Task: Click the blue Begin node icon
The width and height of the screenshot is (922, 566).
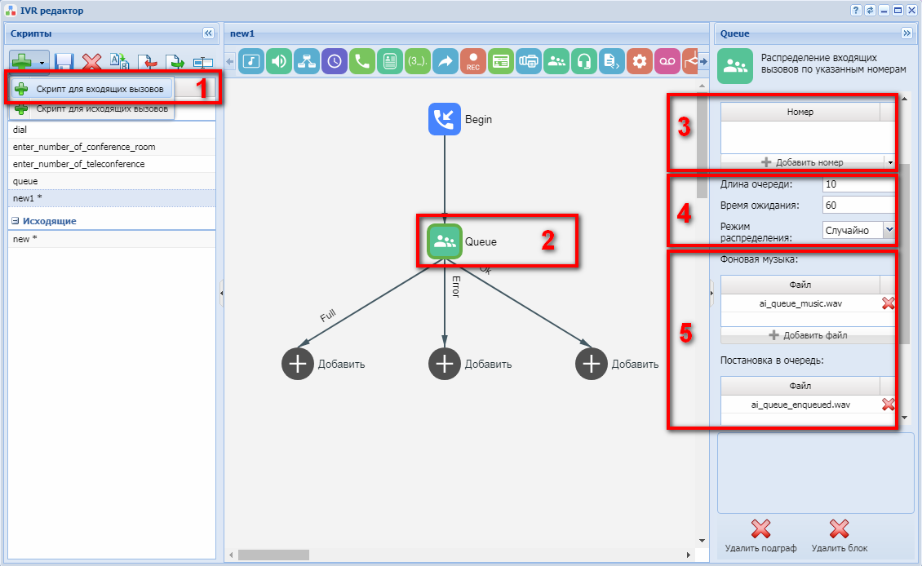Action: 444,119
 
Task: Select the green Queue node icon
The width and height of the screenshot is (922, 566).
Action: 445,241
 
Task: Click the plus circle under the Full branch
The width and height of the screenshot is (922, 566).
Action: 298,364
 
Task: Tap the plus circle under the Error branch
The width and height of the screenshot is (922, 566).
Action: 445,364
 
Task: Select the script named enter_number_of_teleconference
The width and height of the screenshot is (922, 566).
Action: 79,164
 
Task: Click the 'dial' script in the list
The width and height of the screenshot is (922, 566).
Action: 20,130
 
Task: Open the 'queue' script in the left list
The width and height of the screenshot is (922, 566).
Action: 25,181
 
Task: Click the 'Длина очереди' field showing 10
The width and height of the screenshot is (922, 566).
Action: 858,184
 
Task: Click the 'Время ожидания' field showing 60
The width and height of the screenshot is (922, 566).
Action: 858,206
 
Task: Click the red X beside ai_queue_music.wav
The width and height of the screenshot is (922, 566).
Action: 888,303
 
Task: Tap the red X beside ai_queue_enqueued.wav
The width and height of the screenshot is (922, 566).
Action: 888,405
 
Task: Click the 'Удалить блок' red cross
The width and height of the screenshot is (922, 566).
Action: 839,529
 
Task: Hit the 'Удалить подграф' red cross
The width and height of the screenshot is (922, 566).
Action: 761,529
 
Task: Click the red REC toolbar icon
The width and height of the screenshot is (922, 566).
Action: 473,61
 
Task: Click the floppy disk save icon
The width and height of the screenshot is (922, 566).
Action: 64,62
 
